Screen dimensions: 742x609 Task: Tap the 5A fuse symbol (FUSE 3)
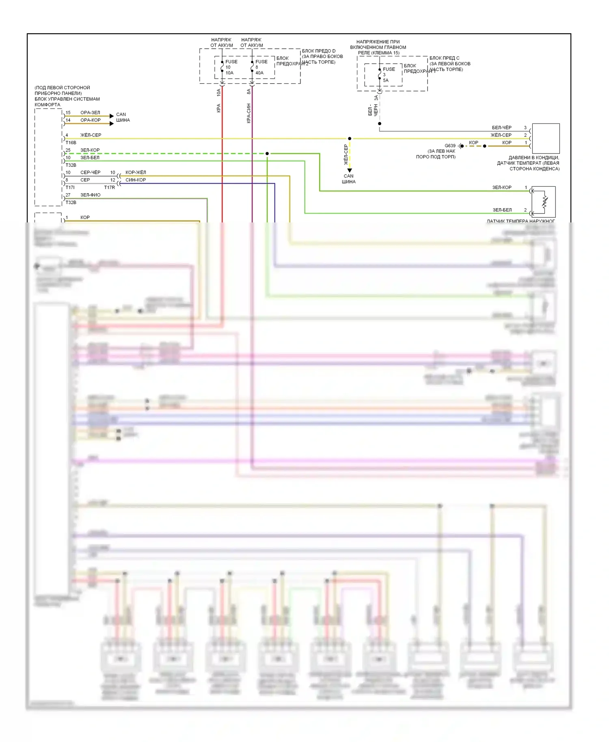coord(380,74)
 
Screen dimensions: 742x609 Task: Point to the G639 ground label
coord(450,145)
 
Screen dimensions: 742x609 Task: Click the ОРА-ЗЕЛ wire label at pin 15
coord(90,112)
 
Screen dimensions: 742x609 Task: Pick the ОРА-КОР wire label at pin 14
coord(90,120)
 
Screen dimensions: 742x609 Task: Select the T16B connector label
coord(71,142)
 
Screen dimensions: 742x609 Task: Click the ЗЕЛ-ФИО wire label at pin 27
coord(90,195)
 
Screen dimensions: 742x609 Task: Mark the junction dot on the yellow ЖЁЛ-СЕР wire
coord(350,138)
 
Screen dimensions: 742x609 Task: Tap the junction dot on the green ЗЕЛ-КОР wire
coord(267,153)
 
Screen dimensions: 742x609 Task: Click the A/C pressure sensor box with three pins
coord(546,138)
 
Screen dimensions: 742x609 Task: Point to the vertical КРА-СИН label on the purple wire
coord(248,113)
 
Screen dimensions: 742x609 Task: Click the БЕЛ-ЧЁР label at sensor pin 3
coord(502,127)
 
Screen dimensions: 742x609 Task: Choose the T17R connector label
coord(110,187)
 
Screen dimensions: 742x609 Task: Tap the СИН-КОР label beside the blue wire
coord(136,180)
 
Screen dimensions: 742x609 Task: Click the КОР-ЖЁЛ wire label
coord(136,173)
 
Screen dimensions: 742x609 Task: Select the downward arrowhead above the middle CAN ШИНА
coord(350,170)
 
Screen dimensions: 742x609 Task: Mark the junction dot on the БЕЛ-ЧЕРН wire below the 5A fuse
coord(380,123)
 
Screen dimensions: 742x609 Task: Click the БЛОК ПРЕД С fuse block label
coord(445,58)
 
